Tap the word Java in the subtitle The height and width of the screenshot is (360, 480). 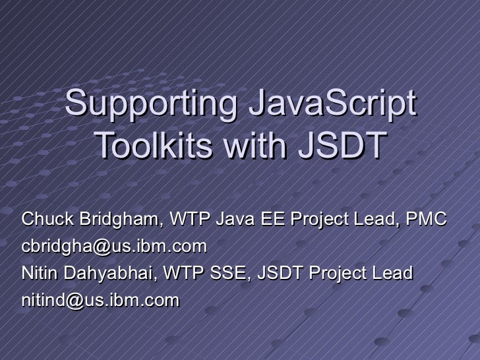pos(235,220)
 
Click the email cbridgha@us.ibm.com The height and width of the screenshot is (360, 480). pos(114,247)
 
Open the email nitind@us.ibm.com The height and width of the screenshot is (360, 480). pos(100,301)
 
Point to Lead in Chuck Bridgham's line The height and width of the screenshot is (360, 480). pos(374,220)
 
